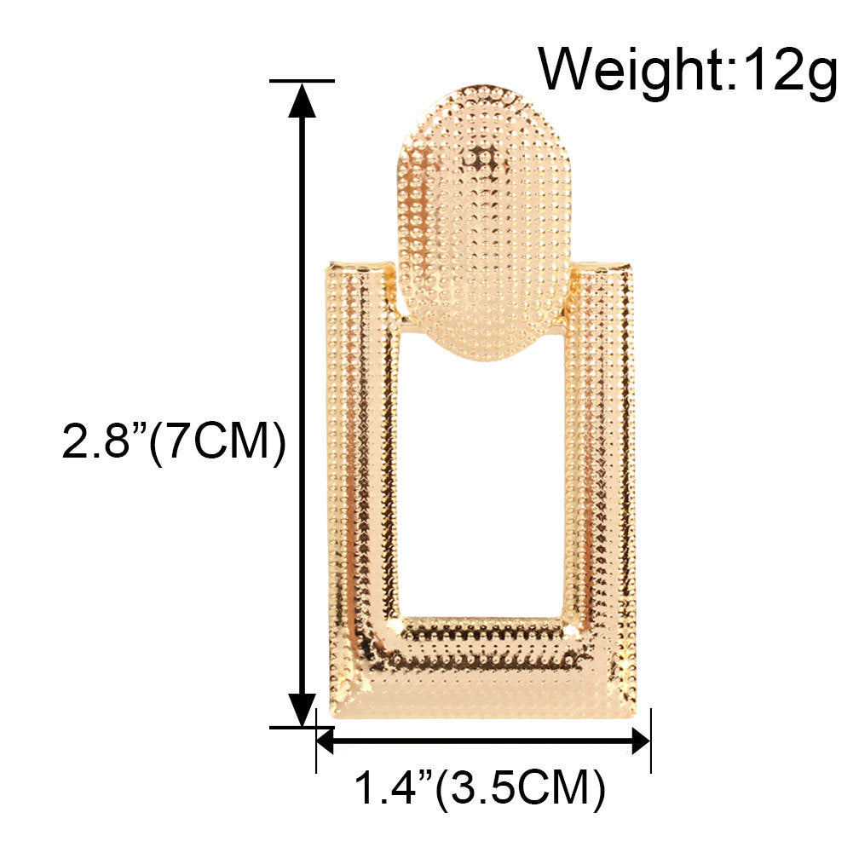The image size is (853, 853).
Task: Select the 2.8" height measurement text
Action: (x=102, y=443)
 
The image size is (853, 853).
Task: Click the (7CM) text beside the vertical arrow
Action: (x=217, y=443)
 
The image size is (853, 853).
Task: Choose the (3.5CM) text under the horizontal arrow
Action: (x=520, y=788)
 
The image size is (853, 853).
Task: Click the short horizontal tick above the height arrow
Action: (x=302, y=81)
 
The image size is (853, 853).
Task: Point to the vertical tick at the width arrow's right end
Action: (x=650, y=741)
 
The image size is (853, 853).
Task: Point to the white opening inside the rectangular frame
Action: (x=481, y=486)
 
